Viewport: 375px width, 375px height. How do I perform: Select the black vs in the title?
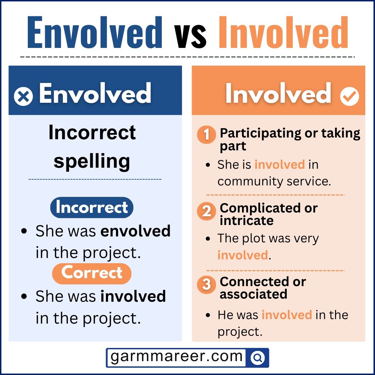(x=191, y=35)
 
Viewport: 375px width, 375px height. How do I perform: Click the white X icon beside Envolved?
(x=23, y=96)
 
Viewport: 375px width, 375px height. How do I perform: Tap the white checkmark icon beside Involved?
(x=349, y=96)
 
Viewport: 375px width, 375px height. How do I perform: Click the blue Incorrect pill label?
(x=92, y=207)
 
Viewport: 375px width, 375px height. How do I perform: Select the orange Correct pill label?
(x=92, y=273)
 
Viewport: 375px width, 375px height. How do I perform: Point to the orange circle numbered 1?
(x=207, y=135)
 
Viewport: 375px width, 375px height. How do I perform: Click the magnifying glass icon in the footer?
(x=258, y=358)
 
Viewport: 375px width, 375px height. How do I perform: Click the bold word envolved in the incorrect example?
(x=135, y=231)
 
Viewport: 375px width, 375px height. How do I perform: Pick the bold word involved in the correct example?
(x=133, y=297)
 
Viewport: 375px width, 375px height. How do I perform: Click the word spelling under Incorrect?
(x=92, y=161)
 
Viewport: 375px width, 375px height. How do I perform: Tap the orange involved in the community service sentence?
(x=280, y=164)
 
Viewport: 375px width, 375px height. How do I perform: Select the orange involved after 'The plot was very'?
(x=243, y=255)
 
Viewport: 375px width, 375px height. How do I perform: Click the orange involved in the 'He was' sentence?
(x=286, y=315)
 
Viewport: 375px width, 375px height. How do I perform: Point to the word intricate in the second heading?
(x=247, y=220)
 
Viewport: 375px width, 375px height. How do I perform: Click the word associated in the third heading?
(x=253, y=294)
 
